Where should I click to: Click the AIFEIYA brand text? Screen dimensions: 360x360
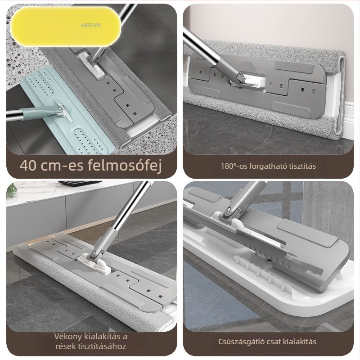(91, 26)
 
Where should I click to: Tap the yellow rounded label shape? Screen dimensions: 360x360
(66, 27)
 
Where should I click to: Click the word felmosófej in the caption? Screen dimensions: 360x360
(125, 165)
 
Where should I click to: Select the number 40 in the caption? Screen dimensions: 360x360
(28, 166)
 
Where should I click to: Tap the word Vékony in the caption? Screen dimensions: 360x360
(68, 337)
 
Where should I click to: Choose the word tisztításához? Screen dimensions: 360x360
(102, 346)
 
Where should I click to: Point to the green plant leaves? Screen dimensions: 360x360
(11, 190)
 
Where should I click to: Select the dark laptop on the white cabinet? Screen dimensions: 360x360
(80, 183)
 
